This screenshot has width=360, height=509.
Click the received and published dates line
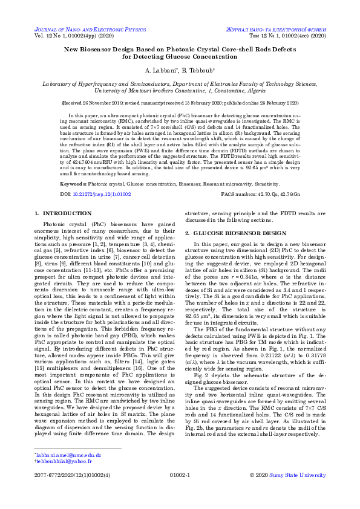pos(180,103)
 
